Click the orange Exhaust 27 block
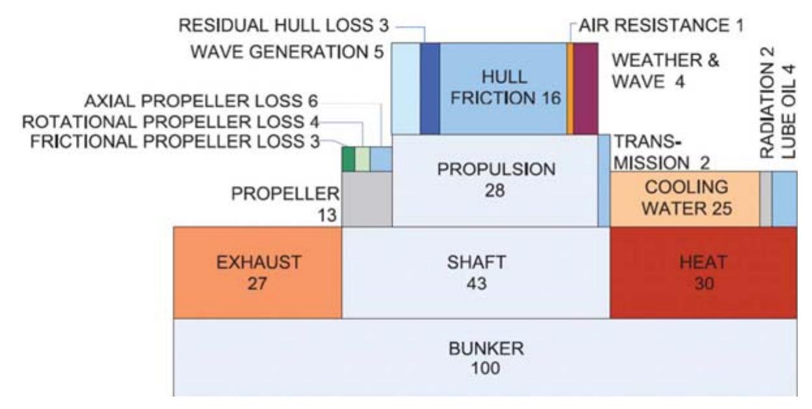(x=257, y=272)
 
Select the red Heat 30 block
(x=703, y=272)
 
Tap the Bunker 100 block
(x=485, y=358)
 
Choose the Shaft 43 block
(x=476, y=272)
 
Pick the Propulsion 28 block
(x=495, y=181)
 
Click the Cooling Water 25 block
(x=685, y=199)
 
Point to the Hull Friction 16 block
(x=503, y=88)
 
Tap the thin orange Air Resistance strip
(x=570, y=88)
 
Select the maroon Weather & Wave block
(x=586, y=88)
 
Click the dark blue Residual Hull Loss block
(x=430, y=88)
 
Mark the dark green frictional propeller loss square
(x=348, y=159)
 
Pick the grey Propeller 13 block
(x=367, y=199)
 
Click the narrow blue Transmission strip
(x=604, y=181)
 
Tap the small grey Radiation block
(x=766, y=199)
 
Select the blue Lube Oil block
(x=785, y=199)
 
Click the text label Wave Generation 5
(x=287, y=52)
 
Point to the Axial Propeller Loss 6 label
(x=201, y=101)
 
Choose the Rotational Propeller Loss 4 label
(x=171, y=122)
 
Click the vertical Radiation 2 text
(x=767, y=103)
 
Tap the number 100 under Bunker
(x=486, y=369)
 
